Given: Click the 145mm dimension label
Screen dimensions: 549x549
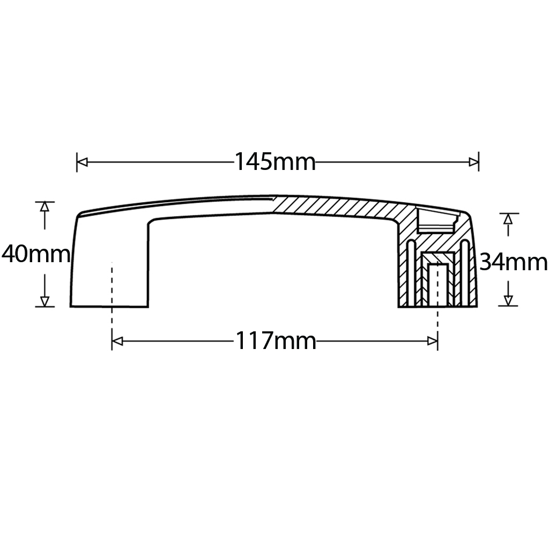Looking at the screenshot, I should pyautogui.click(x=275, y=161).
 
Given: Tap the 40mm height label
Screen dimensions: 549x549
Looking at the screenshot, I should pyautogui.click(x=35, y=254).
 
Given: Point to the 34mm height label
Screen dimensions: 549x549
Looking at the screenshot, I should pyautogui.click(x=513, y=262).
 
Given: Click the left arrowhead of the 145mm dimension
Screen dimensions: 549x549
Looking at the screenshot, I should pyautogui.click(x=82, y=162).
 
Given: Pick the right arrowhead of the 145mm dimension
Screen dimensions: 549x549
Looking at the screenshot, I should pyautogui.click(x=473, y=162).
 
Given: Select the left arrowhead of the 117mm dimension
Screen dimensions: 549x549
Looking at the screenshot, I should pyautogui.click(x=117, y=341).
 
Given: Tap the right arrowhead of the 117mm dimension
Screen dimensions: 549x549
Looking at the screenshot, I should pyautogui.click(x=432, y=341).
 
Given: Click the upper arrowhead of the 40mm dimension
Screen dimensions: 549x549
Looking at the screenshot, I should pyautogui.click(x=45, y=206).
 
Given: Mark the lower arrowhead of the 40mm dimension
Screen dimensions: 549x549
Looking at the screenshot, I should pyautogui.click(x=45, y=301).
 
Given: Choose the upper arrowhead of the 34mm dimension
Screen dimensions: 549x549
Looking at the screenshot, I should pyautogui.click(x=508, y=218).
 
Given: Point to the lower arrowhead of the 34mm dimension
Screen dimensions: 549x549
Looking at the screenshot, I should pyautogui.click(x=508, y=301).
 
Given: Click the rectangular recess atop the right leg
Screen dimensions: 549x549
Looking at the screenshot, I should pyautogui.click(x=435, y=221).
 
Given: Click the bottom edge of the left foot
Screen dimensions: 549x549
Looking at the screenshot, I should pyautogui.click(x=109, y=307).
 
